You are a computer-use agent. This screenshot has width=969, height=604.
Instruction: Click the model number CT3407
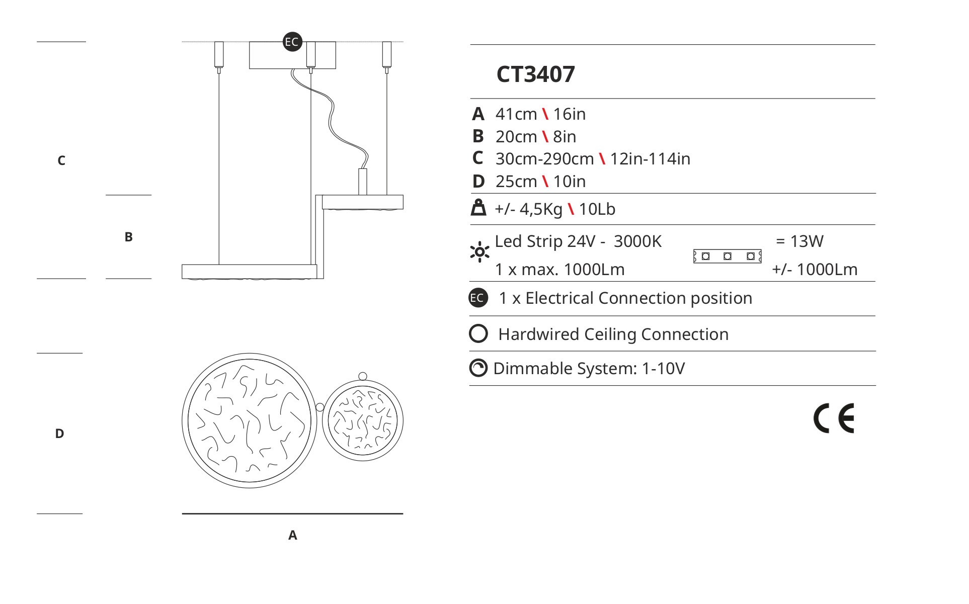(x=535, y=74)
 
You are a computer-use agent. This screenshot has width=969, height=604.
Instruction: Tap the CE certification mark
(x=834, y=418)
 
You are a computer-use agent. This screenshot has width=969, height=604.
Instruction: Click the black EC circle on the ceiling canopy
(x=292, y=42)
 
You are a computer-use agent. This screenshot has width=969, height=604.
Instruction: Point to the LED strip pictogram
(x=727, y=256)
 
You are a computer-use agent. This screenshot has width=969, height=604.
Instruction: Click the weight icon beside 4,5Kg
(x=478, y=208)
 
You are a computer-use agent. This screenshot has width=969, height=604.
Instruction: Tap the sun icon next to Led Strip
(x=479, y=252)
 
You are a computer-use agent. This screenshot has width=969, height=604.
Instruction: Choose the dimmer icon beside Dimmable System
(x=478, y=368)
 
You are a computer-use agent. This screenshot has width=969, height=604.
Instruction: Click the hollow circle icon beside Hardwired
(x=478, y=333)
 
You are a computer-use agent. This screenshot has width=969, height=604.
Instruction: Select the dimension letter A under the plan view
(x=293, y=536)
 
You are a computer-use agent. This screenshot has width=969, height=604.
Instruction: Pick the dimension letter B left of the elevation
(x=128, y=237)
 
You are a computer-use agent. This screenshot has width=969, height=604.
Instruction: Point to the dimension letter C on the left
(x=61, y=160)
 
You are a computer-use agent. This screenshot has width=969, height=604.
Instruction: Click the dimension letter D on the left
(x=59, y=434)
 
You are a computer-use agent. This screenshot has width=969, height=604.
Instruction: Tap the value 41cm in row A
(x=516, y=114)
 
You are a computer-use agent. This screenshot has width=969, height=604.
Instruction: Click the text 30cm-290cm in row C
(x=544, y=159)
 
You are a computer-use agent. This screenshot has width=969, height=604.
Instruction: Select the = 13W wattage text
(x=799, y=241)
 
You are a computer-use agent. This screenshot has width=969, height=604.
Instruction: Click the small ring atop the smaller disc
(x=363, y=376)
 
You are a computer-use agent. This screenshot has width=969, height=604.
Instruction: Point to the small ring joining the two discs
(x=319, y=406)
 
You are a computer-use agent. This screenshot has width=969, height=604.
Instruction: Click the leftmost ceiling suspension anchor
(x=218, y=55)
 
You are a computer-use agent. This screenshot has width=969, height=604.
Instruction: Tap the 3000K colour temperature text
(x=637, y=241)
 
